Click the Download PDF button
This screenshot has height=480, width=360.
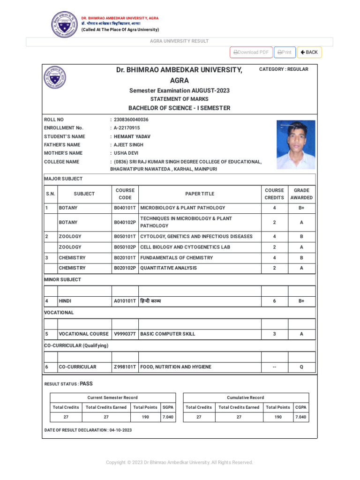(251, 52)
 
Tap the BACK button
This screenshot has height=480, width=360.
(309, 52)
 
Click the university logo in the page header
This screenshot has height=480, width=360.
(64, 24)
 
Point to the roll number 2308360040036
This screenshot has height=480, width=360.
(131, 120)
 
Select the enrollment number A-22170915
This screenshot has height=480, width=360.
(127, 128)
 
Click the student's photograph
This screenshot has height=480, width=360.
(296, 145)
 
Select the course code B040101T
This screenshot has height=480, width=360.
(125, 208)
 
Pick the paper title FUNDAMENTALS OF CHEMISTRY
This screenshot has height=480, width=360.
(176, 258)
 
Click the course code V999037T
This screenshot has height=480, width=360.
(125, 334)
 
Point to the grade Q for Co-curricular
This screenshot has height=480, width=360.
(301, 367)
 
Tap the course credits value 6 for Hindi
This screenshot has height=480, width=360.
(274, 301)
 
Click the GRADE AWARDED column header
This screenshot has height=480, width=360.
(301, 194)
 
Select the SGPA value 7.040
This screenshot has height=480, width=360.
(168, 417)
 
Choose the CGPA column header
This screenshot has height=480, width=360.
(301, 407)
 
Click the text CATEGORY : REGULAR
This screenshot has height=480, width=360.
(284, 69)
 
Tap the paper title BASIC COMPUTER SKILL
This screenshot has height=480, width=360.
(168, 334)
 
